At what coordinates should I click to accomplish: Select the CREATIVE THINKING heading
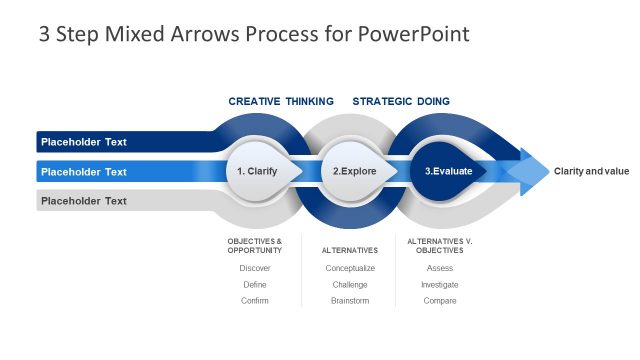pyautogui.click(x=281, y=101)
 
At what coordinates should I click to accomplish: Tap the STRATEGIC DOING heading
pyautogui.click(x=401, y=101)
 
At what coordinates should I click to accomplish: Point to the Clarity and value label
pyautogui.click(x=591, y=171)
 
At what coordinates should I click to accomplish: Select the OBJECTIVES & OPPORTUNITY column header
pyautogui.click(x=255, y=245)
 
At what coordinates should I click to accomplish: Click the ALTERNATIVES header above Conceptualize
pyautogui.click(x=350, y=250)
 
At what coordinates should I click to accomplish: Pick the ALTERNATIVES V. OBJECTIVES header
pyautogui.click(x=440, y=245)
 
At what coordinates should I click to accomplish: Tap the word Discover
pyautogui.click(x=255, y=268)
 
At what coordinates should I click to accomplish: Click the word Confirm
pyautogui.click(x=255, y=300)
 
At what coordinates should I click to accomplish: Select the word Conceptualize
pyautogui.click(x=350, y=268)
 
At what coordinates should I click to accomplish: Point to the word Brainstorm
pyautogui.click(x=350, y=300)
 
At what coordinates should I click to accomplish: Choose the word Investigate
pyautogui.click(x=440, y=284)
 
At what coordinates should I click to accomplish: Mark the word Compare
pyautogui.click(x=440, y=300)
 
